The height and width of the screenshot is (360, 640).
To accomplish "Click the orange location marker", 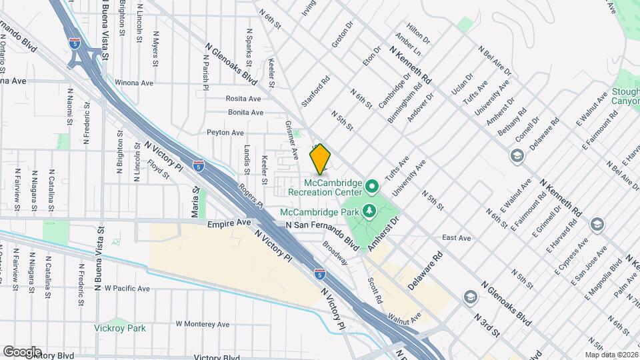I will [x=320, y=159].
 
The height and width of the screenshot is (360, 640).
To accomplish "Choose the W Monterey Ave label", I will [x=203, y=324].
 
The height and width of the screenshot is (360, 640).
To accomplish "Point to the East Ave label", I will [x=456, y=238].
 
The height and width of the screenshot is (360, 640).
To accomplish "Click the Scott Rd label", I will [x=374, y=290].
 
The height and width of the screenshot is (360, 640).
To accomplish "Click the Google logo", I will [x=22, y=351].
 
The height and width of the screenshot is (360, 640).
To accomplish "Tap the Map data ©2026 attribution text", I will [x=611, y=355].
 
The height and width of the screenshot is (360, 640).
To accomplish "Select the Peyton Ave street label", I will [x=225, y=133].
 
